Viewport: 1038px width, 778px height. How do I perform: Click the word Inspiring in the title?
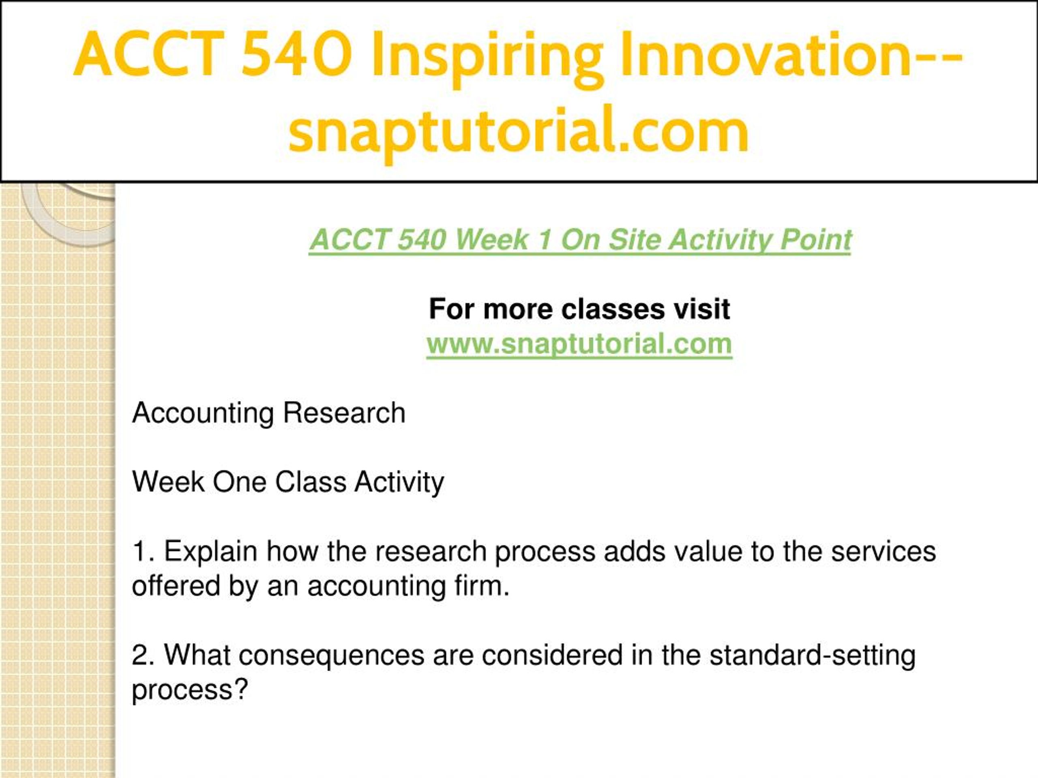click(487, 58)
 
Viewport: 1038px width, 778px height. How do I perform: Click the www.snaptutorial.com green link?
click(579, 344)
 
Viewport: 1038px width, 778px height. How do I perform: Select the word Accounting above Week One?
click(203, 414)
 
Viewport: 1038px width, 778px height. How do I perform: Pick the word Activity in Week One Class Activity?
click(399, 483)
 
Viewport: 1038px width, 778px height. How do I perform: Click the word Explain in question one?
click(211, 552)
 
